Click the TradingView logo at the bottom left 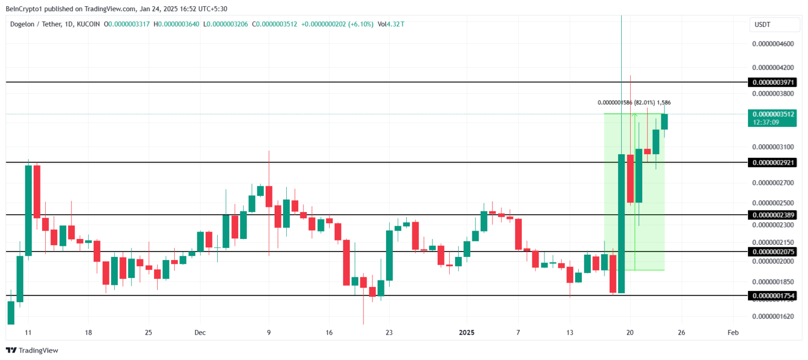[32, 350]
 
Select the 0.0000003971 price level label [774, 82]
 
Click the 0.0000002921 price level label [774, 163]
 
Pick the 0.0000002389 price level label [774, 215]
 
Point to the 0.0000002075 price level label [774, 252]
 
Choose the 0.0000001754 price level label [774, 296]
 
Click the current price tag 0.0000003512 [774, 114]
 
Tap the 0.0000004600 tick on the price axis [773, 44]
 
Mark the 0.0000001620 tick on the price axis [773, 316]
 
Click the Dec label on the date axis [200, 333]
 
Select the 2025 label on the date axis [467, 333]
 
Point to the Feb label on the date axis [733, 333]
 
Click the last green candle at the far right [664, 122]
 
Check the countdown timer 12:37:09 [765, 122]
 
